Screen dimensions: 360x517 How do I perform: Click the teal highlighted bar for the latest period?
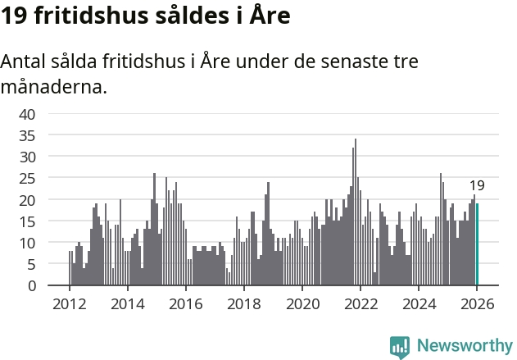tap(477, 244)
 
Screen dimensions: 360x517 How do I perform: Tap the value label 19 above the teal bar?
tap(477, 186)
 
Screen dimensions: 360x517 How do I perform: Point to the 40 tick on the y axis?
tap(27, 113)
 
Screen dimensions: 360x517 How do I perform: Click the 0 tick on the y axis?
tap(31, 286)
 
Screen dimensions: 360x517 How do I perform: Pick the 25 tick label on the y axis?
tap(27, 178)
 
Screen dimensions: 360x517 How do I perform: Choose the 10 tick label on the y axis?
tap(27, 243)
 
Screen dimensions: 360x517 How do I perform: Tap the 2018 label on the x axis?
tap(243, 303)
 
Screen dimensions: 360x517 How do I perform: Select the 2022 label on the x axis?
tap(361, 303)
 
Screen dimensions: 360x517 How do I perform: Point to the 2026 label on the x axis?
tap(477, 303)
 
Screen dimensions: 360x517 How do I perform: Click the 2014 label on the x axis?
tap(127, 303)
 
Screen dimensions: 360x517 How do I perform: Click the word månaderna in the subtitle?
tap(54, 86)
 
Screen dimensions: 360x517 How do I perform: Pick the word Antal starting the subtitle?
tap(25, 62)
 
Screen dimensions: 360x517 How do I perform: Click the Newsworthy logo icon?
tap(400, 346)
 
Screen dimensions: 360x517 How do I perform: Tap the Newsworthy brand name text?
tap(464, 346)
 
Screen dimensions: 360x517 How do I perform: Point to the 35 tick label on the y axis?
tap(27, 134)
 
